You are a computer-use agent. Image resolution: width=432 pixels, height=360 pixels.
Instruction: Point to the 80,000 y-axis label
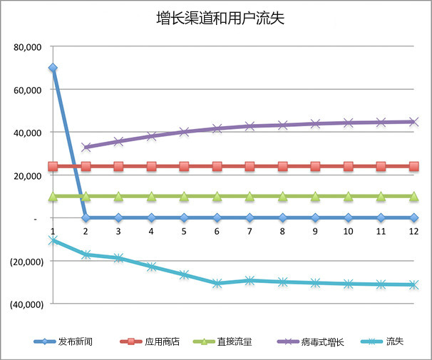[x=28, y=47]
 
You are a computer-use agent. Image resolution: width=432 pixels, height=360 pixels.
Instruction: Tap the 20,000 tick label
[x=28, y=175]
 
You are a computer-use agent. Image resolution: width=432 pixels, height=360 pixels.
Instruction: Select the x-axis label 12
[x=413, y=231]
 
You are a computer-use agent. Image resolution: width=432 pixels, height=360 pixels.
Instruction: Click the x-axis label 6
[x=217, y=231]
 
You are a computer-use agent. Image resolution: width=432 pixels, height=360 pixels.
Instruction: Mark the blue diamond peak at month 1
[x=53, y=68]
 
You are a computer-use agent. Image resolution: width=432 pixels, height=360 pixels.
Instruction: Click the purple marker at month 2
[x=86, y=148]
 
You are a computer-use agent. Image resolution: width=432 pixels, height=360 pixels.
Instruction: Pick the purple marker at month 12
[x=413, y=122]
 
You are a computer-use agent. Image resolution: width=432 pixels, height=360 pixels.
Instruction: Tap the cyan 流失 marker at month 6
[x=217, y=283]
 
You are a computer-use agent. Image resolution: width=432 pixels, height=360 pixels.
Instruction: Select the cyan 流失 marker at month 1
[x=53, y=240]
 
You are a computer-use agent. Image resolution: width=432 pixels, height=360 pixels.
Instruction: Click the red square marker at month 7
[x=250, y=167]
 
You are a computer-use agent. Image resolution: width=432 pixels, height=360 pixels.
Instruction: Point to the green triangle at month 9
[x=315, y=195]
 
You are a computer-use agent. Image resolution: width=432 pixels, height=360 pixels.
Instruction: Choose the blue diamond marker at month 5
[x=184, y=217]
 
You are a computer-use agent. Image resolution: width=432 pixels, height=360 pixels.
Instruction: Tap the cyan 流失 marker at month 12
[x=413, y=284]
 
